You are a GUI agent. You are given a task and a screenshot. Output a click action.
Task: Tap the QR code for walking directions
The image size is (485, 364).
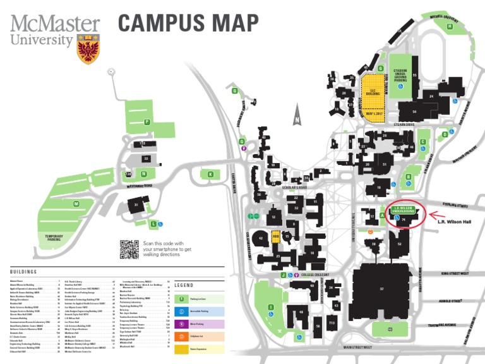pos(129,250)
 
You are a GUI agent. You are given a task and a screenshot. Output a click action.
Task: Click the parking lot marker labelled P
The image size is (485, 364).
pos(147,121)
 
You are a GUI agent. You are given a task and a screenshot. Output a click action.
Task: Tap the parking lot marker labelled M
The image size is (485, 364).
pos(76,203)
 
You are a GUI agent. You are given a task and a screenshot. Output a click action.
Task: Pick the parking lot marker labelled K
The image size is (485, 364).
pos(210,174)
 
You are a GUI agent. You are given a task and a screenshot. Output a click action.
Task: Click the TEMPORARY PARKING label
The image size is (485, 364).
pos(54,238)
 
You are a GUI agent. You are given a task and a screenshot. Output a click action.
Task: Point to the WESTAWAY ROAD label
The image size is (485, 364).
pos(140,186)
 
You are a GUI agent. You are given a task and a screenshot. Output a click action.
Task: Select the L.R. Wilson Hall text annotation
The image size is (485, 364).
pos(454,222)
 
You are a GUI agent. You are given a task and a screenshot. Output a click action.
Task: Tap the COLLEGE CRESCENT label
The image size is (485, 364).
pos(316,276)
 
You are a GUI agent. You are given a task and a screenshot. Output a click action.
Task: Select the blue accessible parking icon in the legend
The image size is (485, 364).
pos(182,312)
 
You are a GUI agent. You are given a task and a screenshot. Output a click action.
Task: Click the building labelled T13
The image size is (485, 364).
pos(332,323)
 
